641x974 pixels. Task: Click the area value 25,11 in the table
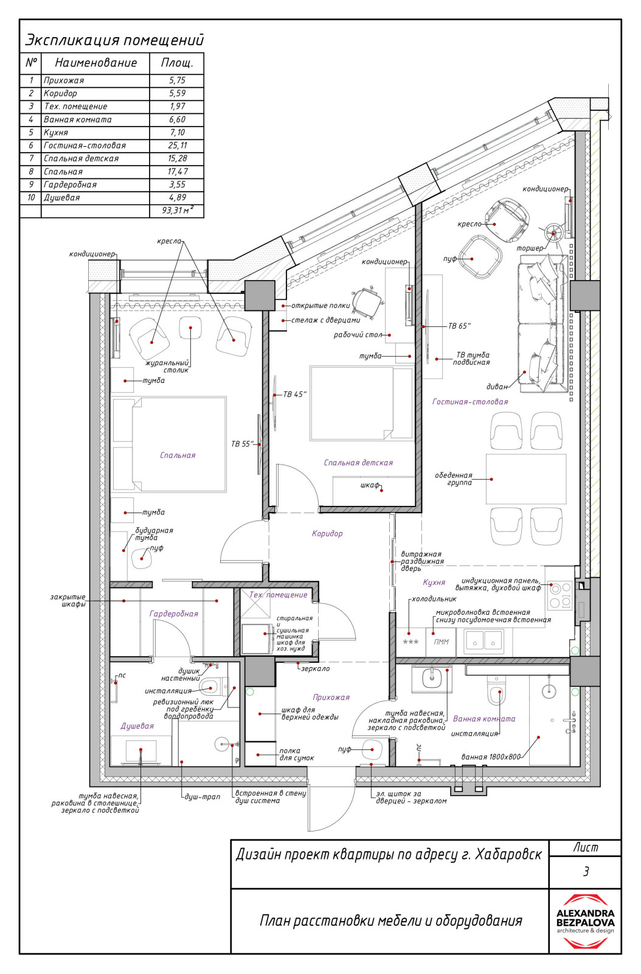(x=177, y=145)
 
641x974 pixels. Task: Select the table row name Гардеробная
(x=70, y=185)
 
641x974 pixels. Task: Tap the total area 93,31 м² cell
(x=177, y=211)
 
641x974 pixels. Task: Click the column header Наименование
(x=95, y=63)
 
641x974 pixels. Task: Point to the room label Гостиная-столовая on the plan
(x=470, y=402)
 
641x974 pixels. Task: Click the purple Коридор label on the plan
(x=327, y=533)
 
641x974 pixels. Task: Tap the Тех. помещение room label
(x=279, y=595)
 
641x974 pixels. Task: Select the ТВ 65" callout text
(x=460, y=326)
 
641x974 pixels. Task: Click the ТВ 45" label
(x=295, y=394)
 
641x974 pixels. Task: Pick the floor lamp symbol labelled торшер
(x=553, y=233)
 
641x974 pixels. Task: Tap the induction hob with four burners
(x=560, y=596)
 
